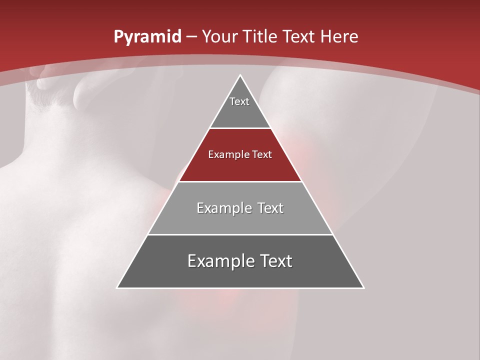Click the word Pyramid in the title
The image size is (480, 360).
click(x=147, y=37)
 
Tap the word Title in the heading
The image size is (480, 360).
click(x=261, y=36)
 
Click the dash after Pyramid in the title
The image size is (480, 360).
click(x=191, y=37)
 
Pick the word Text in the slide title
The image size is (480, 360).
click(x=298, y=36)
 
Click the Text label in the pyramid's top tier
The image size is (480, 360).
click(x=239, y=101)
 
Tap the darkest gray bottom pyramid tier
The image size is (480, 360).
click(x=240, y=275)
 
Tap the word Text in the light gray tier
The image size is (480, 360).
click(x=270, y=208)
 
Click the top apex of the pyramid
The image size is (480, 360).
click(x=240, y=75)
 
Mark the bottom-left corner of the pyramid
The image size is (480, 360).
click(x=117, y=287)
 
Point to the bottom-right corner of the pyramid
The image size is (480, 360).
click(x=363, y=287)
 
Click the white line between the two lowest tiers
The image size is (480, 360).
click(x=240, y=234)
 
